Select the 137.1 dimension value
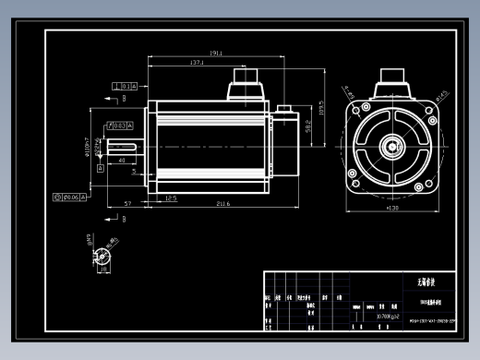click(197, 63)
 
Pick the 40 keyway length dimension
click(122, 160)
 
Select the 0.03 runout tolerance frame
click(120, 124)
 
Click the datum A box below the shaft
click(86, 197)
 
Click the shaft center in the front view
click(392, 146)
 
